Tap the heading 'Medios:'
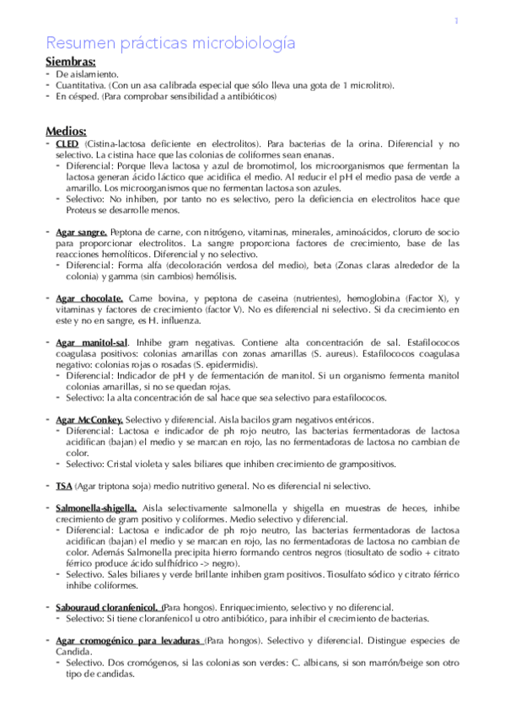[67, 131]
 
